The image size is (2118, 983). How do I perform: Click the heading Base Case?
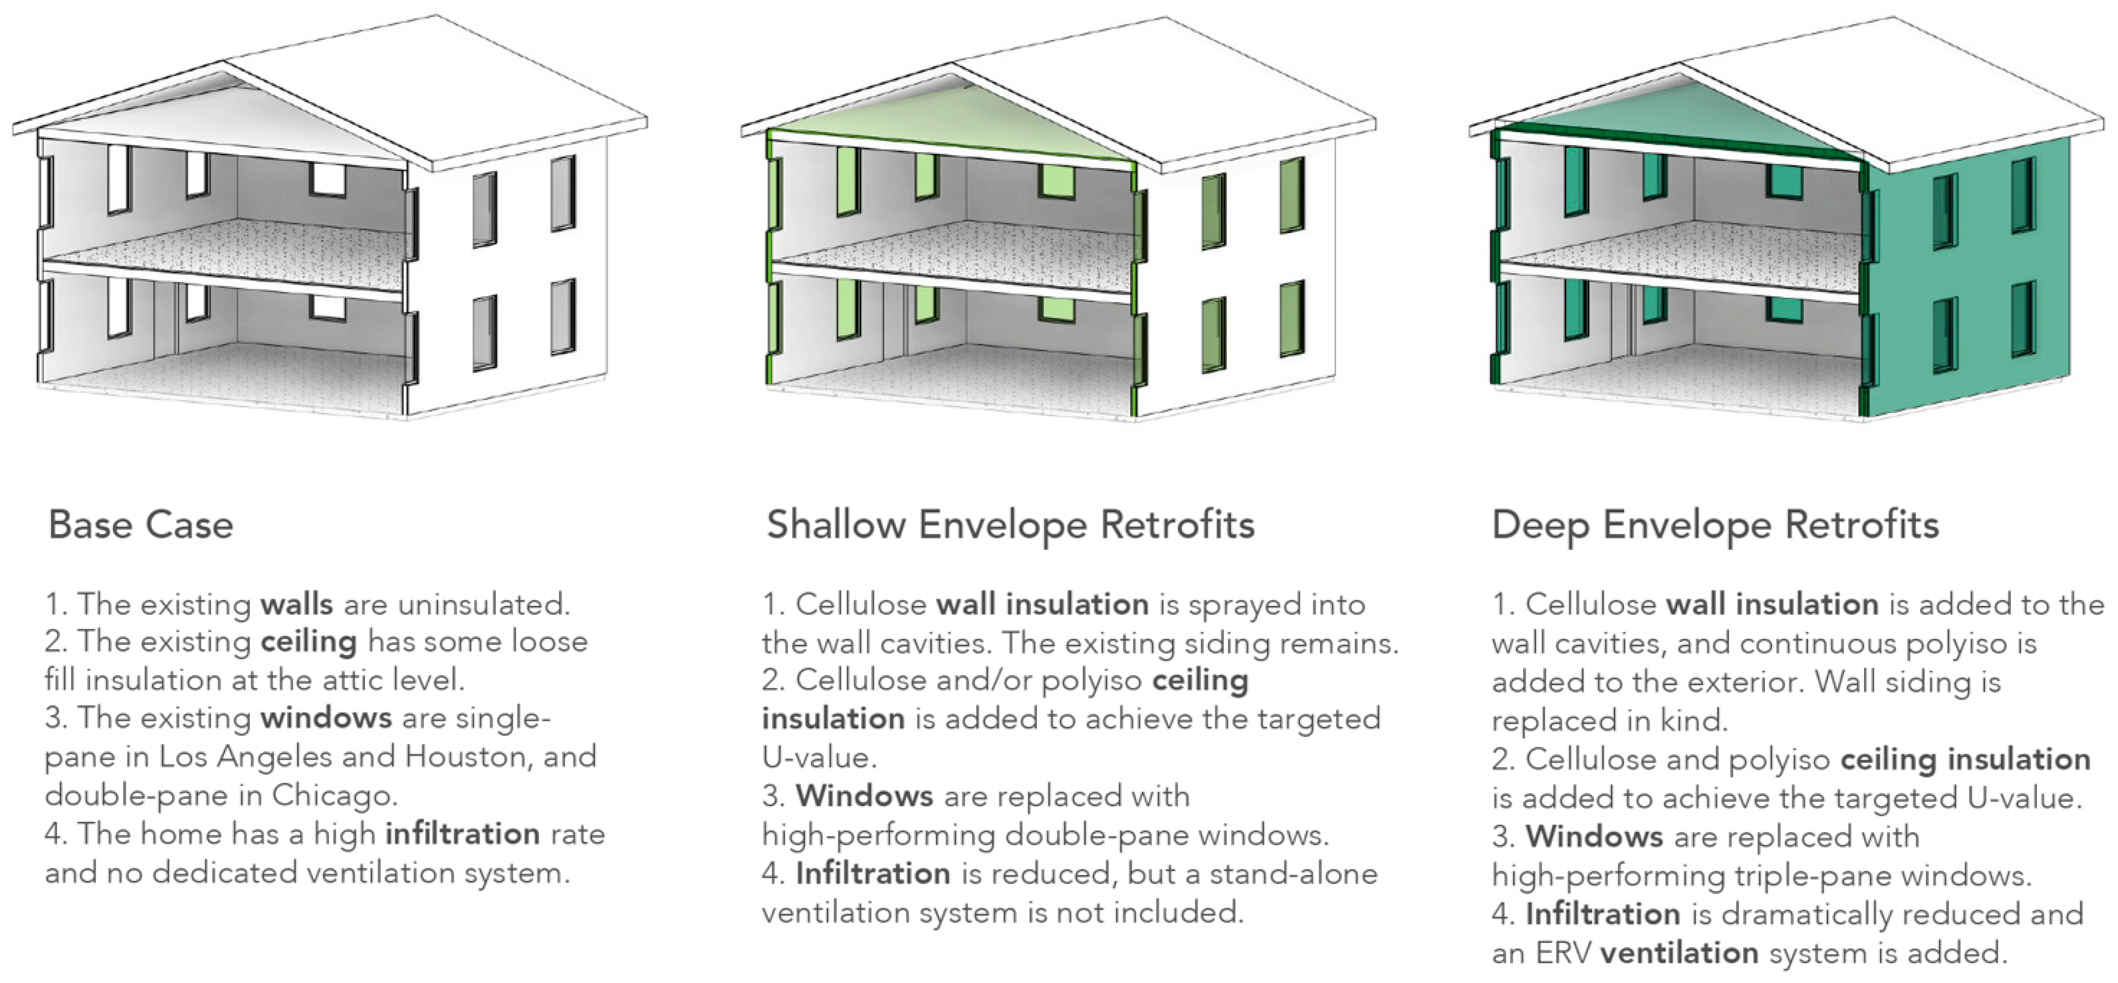(140, 525)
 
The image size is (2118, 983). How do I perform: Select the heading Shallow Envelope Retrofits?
(1010, 525)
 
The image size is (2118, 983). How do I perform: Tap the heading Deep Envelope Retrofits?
(1715, 525)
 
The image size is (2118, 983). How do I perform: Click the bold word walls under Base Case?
(296, 605)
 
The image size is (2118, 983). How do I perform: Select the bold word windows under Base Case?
(326, 718)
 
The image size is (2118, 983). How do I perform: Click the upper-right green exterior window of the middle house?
(1292, 195)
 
